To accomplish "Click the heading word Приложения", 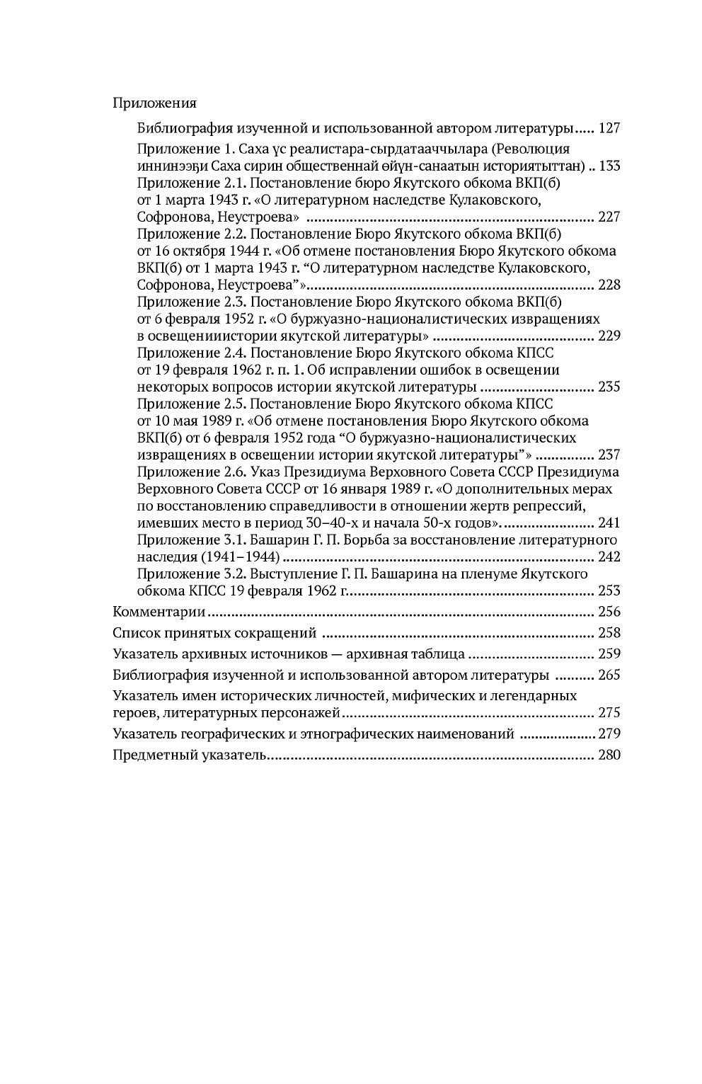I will [154, 103].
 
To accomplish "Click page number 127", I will [609, 129].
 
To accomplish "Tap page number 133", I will [609, 166].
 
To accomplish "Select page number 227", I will [609, 217].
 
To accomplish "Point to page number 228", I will [609, 285].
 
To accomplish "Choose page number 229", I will [609, 336].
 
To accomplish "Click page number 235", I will [609, 387].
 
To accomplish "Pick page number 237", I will [609, 455].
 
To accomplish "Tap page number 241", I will [609, 523].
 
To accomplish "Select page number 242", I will [609, 557].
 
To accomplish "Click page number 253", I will [609, 591].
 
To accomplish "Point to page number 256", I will [609, 612].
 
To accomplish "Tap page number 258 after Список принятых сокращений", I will [609, 633].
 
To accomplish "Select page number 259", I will [609, 654].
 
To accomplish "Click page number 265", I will [609, 675].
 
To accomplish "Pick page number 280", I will [609, 755].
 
